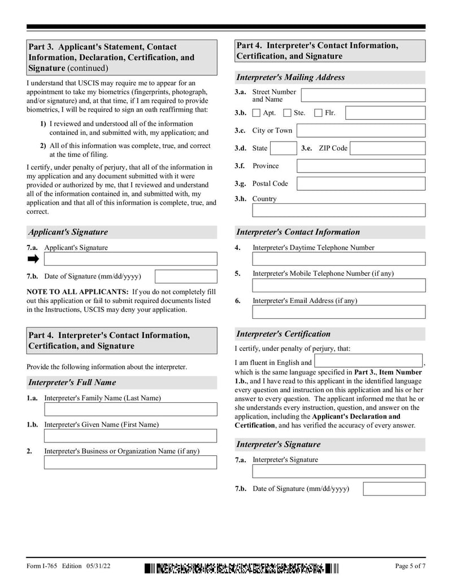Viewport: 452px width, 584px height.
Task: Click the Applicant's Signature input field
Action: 130,259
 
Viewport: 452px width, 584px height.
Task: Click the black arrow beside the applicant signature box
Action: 33,259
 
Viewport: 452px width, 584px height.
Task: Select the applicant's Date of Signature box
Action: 185,276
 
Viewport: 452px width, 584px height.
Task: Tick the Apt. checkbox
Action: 257,113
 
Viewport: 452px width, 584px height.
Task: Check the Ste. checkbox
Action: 287,113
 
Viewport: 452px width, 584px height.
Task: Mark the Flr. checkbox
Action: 318,113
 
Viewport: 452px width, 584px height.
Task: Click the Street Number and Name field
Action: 363,95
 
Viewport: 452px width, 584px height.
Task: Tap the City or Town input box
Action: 360,131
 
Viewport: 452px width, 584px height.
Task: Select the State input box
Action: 282,148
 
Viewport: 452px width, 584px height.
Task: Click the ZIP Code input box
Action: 387,148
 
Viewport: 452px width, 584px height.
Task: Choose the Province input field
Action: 360,166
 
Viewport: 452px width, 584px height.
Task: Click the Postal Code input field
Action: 360,184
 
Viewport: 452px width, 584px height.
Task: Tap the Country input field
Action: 338,210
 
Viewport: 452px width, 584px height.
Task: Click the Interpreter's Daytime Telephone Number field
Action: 338,259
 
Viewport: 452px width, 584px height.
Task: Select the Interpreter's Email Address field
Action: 338,312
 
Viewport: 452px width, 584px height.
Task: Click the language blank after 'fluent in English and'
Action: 368,361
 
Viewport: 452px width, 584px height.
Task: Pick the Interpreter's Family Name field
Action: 130,409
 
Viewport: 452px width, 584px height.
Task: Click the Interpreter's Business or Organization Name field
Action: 130,462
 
